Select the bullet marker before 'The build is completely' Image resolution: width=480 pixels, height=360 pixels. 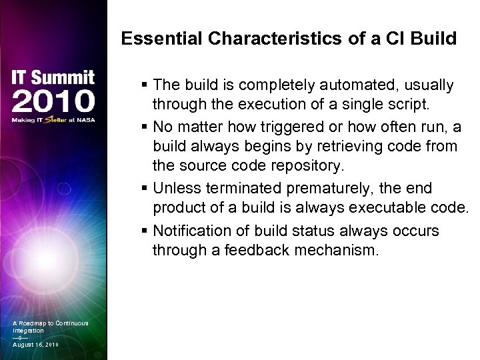coord(145,86)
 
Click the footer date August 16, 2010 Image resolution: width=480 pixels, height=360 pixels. coord(35,344)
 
